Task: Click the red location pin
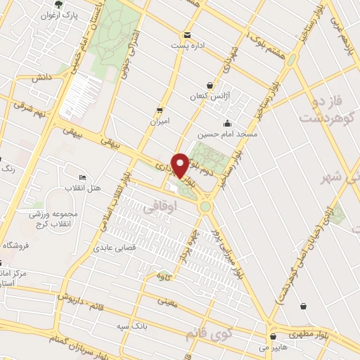click(x=180, y=165)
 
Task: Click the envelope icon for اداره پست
click(x=186, y=35)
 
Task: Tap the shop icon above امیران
click(x=160, y=110)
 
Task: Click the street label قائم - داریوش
click(x=70, y=298)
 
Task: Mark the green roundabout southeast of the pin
click(x=205, y=206)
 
